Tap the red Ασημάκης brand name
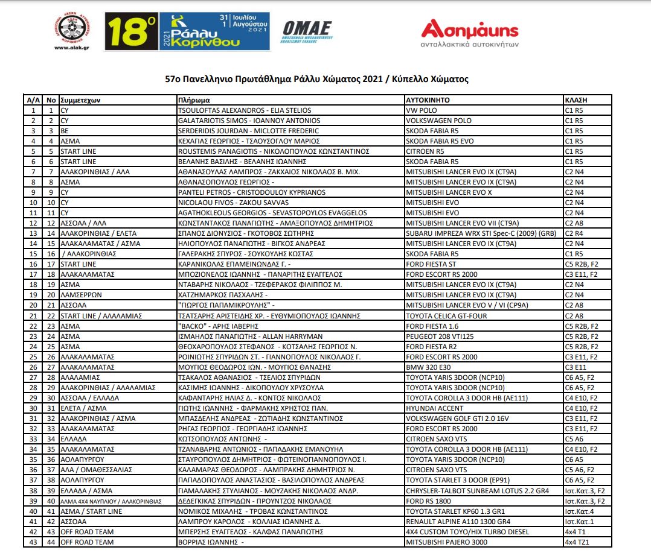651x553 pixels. pyautogui.click(x=470, y=29)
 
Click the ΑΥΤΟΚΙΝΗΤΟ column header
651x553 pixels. pyautogui.click(x=428, y=100)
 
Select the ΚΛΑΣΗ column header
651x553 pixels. pyautogui.click(x=576, y=100)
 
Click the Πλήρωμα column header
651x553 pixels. pyautogui.click(x=194, y=100)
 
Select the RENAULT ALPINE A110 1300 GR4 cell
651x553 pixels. pyautogui.click(x=458, y=521)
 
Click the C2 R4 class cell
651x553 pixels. pyautogui.click(x=574, y=233)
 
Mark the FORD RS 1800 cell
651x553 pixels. pyautogui.click(x=428, y=501)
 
